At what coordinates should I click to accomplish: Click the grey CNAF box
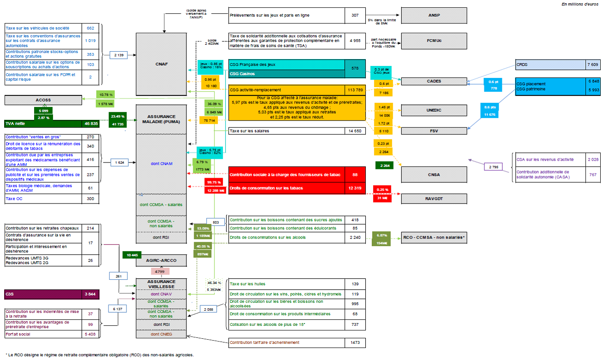pos(161,64)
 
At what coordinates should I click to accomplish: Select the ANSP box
pos(434,15)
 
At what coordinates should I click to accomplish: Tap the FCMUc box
pos(434,41)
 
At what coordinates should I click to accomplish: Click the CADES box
pos(434,81)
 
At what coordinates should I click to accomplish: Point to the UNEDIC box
pos(434,110)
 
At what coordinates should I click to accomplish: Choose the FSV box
pos(434,131)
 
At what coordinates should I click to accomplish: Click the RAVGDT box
pos(434,199)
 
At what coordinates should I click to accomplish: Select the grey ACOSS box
pos(43,100)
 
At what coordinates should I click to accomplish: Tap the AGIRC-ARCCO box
pos(161,260)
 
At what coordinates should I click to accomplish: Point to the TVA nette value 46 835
pos(90,124)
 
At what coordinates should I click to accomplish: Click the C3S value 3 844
pos(90,294)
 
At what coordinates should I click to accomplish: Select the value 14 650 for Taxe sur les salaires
pos(355,131)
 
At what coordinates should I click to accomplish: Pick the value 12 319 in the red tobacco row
pos(355,188)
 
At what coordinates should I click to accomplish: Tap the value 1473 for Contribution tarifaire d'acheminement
pos(355,342)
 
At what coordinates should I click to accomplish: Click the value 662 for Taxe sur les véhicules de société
pos(90,28)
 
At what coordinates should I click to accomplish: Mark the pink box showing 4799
pos(159,272)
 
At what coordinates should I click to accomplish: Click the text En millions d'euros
pos(580,4)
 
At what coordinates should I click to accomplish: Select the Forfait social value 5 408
pos(90,334)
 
